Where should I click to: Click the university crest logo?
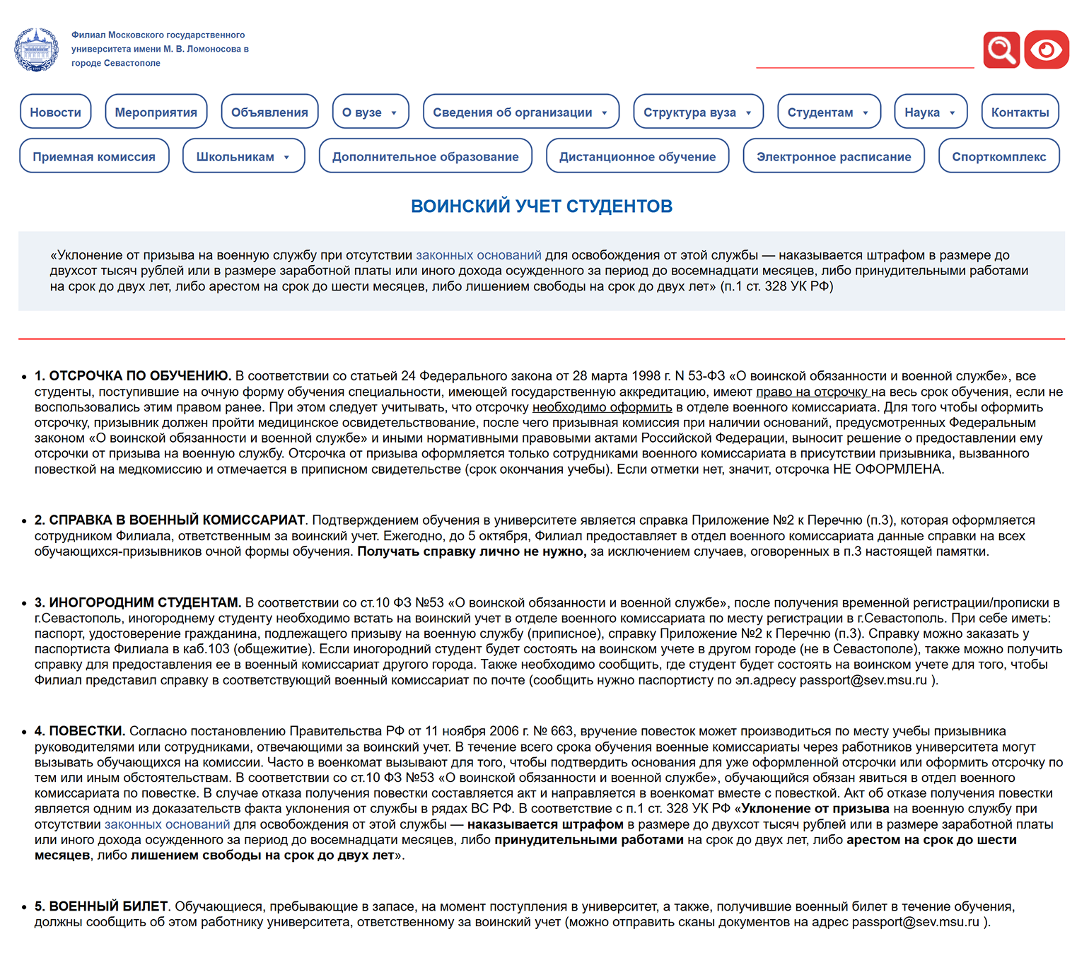click(36, 49)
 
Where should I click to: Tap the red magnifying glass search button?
click(1001, 49)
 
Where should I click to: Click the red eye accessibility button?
click(1047, 49)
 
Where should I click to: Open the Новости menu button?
click(56, 112)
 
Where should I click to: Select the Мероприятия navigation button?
click(156, 112)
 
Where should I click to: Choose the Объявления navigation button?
click(269, 112)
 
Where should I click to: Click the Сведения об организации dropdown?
click(520, 112)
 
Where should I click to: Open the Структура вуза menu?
click(697, 112)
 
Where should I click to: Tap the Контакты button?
click(1020, 112)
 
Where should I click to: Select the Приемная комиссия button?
click(94, 156)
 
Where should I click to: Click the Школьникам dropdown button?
click(243, 156)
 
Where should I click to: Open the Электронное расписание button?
click(834, 156)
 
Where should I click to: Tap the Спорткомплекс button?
click(998, 156)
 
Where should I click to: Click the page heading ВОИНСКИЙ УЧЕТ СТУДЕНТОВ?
click(542, 206)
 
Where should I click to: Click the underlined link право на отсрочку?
click(812, 392)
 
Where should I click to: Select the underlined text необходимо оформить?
click(602, 407)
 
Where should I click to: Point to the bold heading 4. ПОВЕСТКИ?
click(80, 731)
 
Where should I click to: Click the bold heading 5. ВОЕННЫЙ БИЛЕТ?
click(101, 906)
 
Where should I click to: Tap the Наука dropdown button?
click(930, 112)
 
